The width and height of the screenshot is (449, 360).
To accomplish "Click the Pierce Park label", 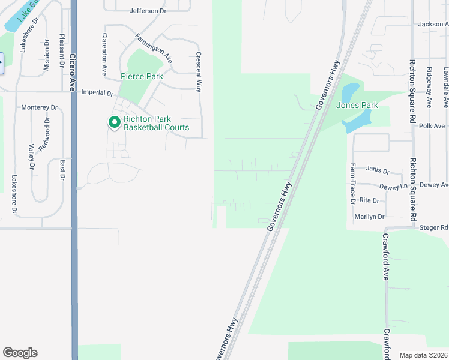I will [142, 76].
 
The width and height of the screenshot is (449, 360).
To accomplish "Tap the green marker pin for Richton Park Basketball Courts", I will [114, 122].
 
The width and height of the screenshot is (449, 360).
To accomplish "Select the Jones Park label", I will [357, 105].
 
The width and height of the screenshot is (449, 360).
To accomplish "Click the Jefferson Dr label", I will [148, 11].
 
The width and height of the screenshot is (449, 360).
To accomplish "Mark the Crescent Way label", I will [198, 71].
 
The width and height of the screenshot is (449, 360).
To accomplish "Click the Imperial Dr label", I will [97, 93].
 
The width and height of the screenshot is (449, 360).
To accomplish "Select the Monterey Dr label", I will [39, 107].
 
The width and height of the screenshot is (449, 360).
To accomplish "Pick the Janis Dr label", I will [378, 170].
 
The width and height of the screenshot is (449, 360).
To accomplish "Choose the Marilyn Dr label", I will [370, 216].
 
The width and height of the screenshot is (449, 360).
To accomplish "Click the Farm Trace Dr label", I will [353, 184].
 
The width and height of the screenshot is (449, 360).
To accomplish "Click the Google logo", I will [20, 352].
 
